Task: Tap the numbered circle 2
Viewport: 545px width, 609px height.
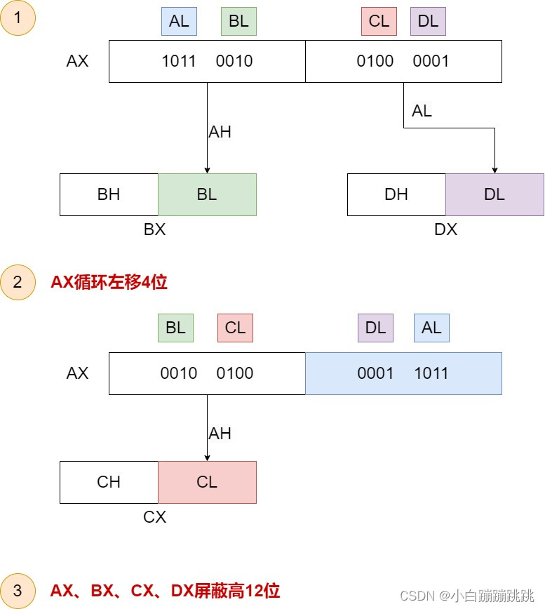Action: [x=18, y=282]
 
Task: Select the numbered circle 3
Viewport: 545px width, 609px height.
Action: [x=18, y=590]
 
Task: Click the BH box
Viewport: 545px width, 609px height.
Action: [x=109, y=194]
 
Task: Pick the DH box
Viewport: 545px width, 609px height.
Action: [x=396, y=194]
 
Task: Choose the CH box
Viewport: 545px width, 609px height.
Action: [x=109, y=482]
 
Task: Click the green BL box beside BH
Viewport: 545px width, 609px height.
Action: [x=207, y=194]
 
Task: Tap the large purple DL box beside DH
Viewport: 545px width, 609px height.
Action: [x=494, y=194]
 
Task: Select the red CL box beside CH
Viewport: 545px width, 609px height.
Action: [x=207, y=482]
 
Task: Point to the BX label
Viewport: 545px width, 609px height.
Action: [x=154, y=229]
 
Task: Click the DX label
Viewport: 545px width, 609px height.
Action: [x=445, y=229]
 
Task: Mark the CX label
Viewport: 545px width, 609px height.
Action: [x=154, y=517]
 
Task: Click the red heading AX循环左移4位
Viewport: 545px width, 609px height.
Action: [x=109, y=282]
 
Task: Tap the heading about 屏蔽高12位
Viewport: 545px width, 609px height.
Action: [x=165, y=591]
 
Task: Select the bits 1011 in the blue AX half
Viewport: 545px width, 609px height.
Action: [x=431, y=373]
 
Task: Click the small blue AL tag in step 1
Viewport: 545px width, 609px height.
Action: [x=179, y=21]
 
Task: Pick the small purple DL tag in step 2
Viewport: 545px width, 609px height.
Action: [x=376, y=328]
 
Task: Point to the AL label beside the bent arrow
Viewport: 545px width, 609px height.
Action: [x=422, y=111]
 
